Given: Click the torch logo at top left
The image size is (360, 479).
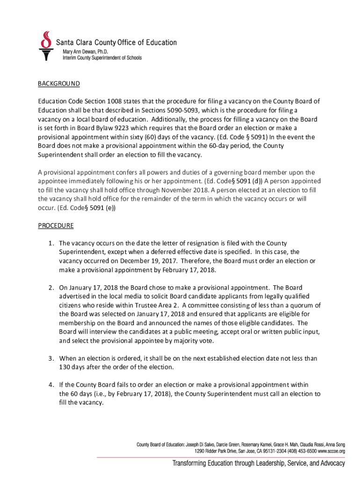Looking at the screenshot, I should point(45,46).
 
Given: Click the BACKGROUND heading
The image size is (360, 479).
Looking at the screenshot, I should point(59,84).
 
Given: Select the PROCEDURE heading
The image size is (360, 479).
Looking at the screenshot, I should point(56,225).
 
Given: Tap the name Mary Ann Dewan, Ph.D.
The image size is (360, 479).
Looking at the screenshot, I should point(88,51).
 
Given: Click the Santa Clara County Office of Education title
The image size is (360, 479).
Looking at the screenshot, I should point(117,43).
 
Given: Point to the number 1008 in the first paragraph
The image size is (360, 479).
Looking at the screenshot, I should point(115,102).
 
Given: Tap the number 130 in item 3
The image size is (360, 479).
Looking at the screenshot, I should point(65,367).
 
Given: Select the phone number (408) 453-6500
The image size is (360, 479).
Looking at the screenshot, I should point(289,451).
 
